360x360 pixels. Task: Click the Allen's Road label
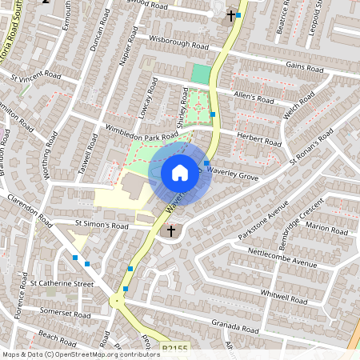point(254,97)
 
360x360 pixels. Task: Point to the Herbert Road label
point(259,141)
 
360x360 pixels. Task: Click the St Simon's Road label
point(102,226)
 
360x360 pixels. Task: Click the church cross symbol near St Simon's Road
point(170,231)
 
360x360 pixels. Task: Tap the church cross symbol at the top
point(230,16)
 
